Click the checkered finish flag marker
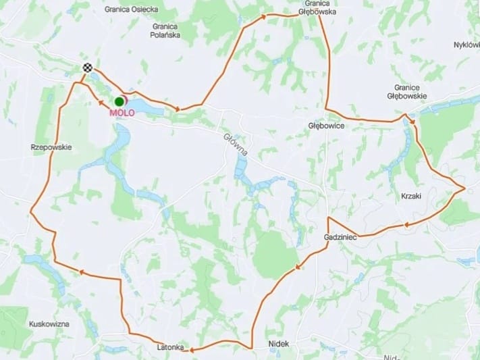tap(87, 67)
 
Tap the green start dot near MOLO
tap(119, 101)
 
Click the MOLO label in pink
tap(122, 113)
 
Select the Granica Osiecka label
tap(131, 9)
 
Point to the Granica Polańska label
tap(166, 30)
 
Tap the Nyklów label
tap(466, 45)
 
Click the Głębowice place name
tap(326, 126)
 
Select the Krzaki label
tap(411, 196)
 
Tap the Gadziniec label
tap(340, 238)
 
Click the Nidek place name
tap(278, 344)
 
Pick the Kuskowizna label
tap(49, 324)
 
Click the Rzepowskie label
tap(51, 147)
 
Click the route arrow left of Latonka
tap(192, 350)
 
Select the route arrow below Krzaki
tap(406, 224)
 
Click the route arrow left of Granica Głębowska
tap(263, 15)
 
